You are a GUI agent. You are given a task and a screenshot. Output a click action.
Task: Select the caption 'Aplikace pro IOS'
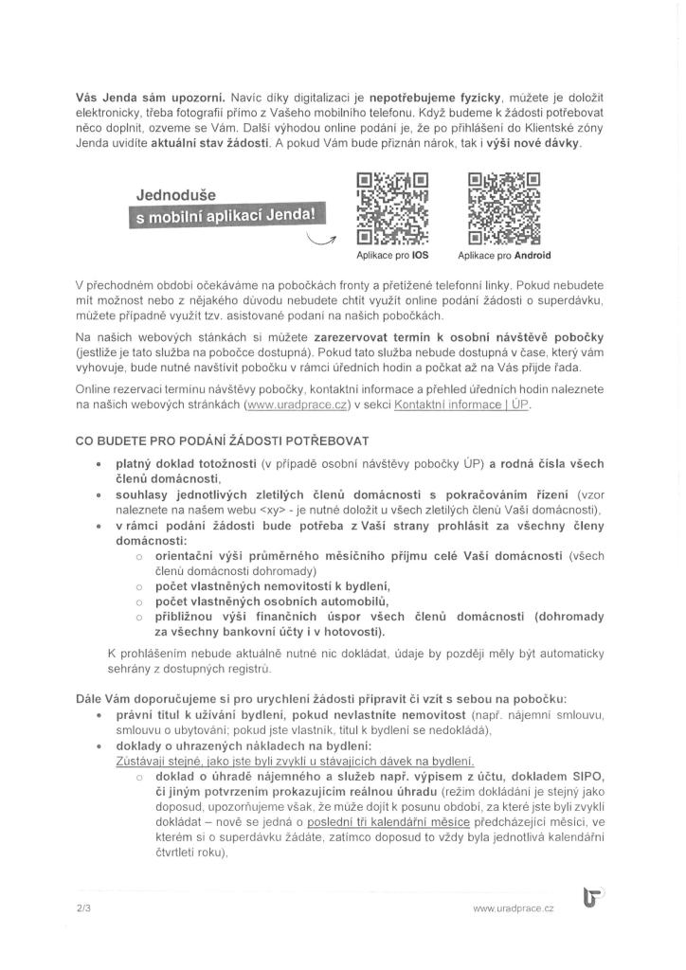[x=392, y=256]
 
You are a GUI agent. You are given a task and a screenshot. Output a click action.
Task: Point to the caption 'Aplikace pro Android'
[x=504, y=256]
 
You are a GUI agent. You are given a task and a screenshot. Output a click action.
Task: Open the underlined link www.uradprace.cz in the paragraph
[x=296, y=405]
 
